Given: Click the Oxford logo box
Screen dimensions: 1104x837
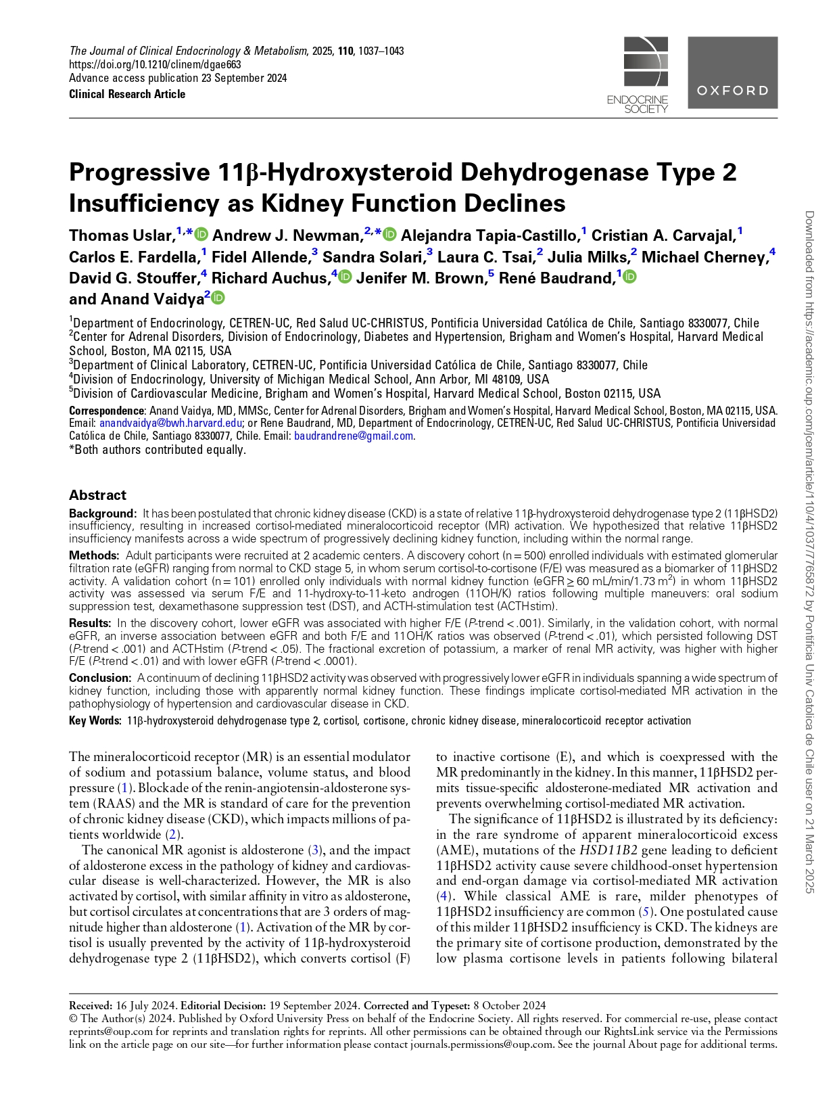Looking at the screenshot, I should click(732, 72).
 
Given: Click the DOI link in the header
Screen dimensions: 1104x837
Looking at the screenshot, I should click(155, 65).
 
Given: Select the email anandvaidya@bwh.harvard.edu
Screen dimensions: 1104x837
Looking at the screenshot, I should click(170, 423).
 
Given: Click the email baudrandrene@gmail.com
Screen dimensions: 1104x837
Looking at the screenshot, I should click(354, 436).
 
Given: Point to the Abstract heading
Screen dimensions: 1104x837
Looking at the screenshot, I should click(97, 495).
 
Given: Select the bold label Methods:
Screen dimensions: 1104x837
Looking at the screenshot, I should click(94, 555).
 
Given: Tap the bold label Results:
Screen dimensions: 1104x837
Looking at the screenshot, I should click(90, 623).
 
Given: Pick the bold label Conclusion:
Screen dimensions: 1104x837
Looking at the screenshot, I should click(100, 678).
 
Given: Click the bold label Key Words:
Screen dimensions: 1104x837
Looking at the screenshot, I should click(95, 721).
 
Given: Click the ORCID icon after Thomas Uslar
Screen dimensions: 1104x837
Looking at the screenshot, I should click(201, 235).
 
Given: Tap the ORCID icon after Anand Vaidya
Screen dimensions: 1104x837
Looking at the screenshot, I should click(218, 298).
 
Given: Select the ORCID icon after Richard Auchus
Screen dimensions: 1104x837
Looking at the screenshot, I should click(345, 277).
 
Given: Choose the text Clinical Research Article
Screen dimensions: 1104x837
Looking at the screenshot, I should click(127, 94).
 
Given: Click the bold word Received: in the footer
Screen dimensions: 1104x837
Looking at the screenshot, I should click(91, 1005).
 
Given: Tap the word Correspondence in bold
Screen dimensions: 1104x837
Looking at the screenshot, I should click(106, 411).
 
